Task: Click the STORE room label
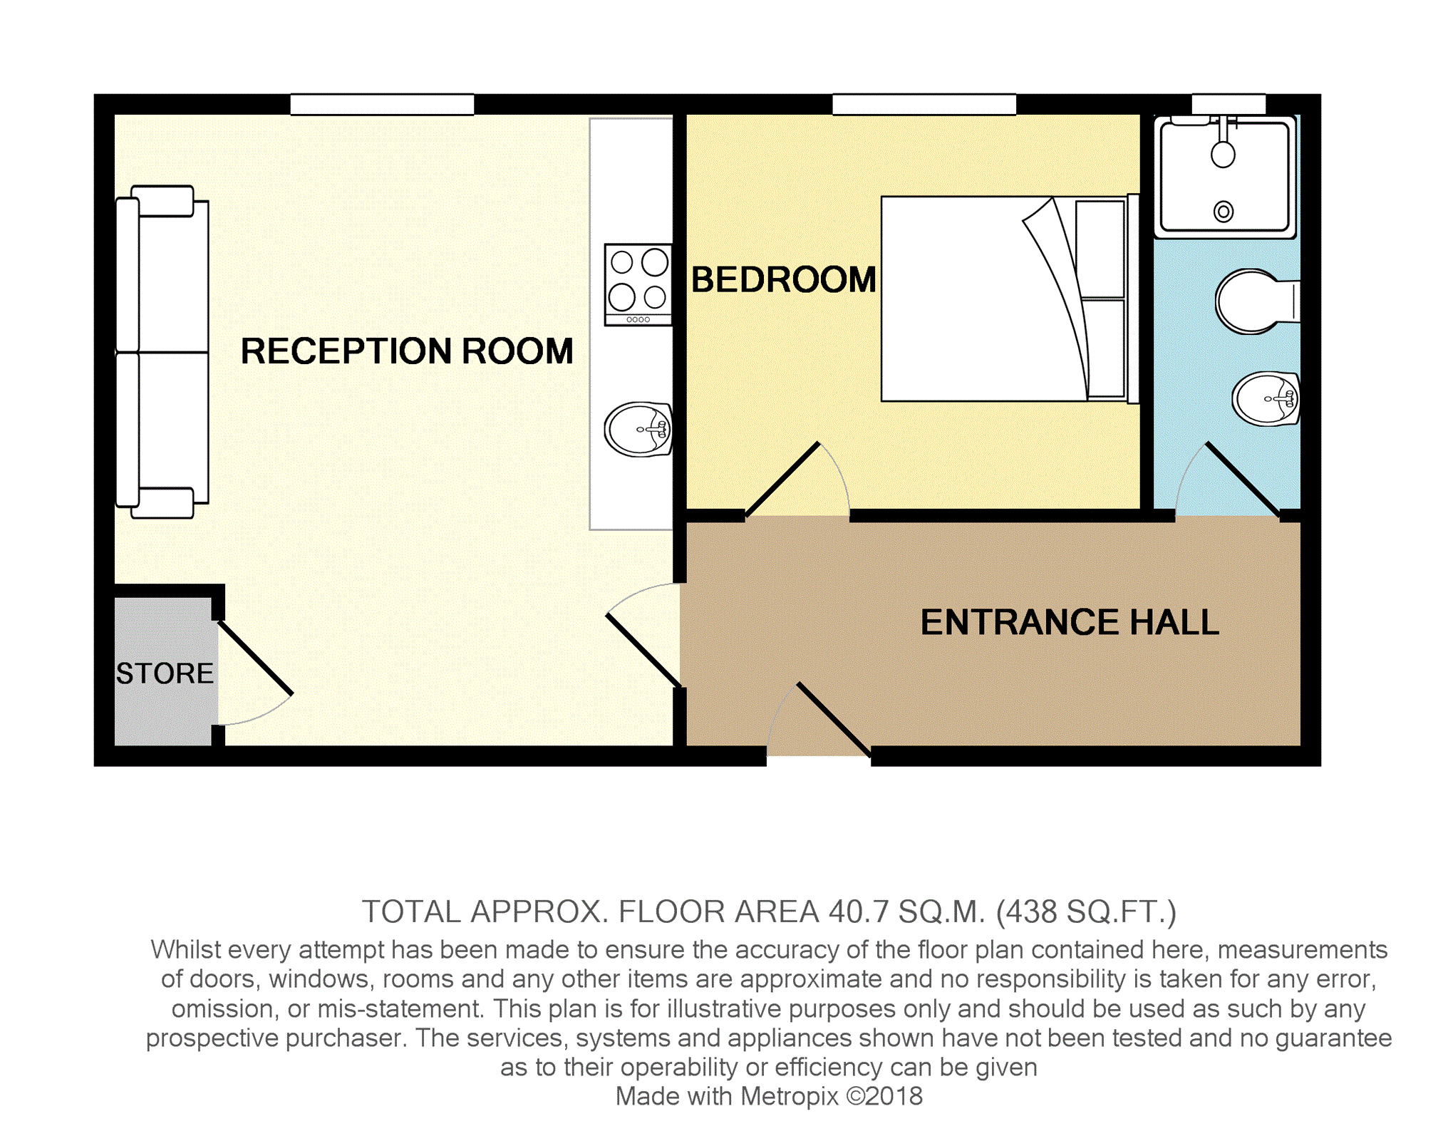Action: tap(165, 673)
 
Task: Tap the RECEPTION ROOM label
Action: tap(407, 351)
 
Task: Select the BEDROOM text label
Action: tap(784, 279)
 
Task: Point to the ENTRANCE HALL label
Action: tap(1070, 622)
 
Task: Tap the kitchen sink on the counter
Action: tap(638, 429)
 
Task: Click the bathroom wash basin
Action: tap(1267, 398)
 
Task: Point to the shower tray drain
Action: tap(1224, 212)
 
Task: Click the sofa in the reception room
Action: tap(162, 352)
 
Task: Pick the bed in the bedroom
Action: tap(1010, 299)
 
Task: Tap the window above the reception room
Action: tap(382, 105)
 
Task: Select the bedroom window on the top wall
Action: tap(924, 105)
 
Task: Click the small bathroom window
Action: tap(1229, 105)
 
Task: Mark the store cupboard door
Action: tap(255, 658)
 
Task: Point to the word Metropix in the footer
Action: tap(790, 1096)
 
